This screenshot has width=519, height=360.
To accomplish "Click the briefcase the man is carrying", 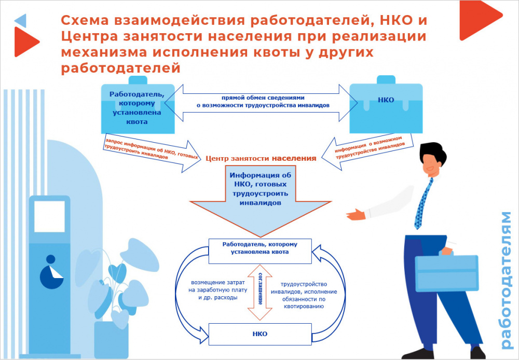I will coord(446,272).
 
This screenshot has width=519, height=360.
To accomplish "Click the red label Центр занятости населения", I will coord(261,158).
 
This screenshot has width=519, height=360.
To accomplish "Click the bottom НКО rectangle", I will coord(260,334).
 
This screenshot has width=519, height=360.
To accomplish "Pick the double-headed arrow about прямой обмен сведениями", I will coord(263,101).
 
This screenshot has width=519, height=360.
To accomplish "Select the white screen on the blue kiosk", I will coord(49,216).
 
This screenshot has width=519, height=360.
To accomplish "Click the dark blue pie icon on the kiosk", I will coord(50,272).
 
